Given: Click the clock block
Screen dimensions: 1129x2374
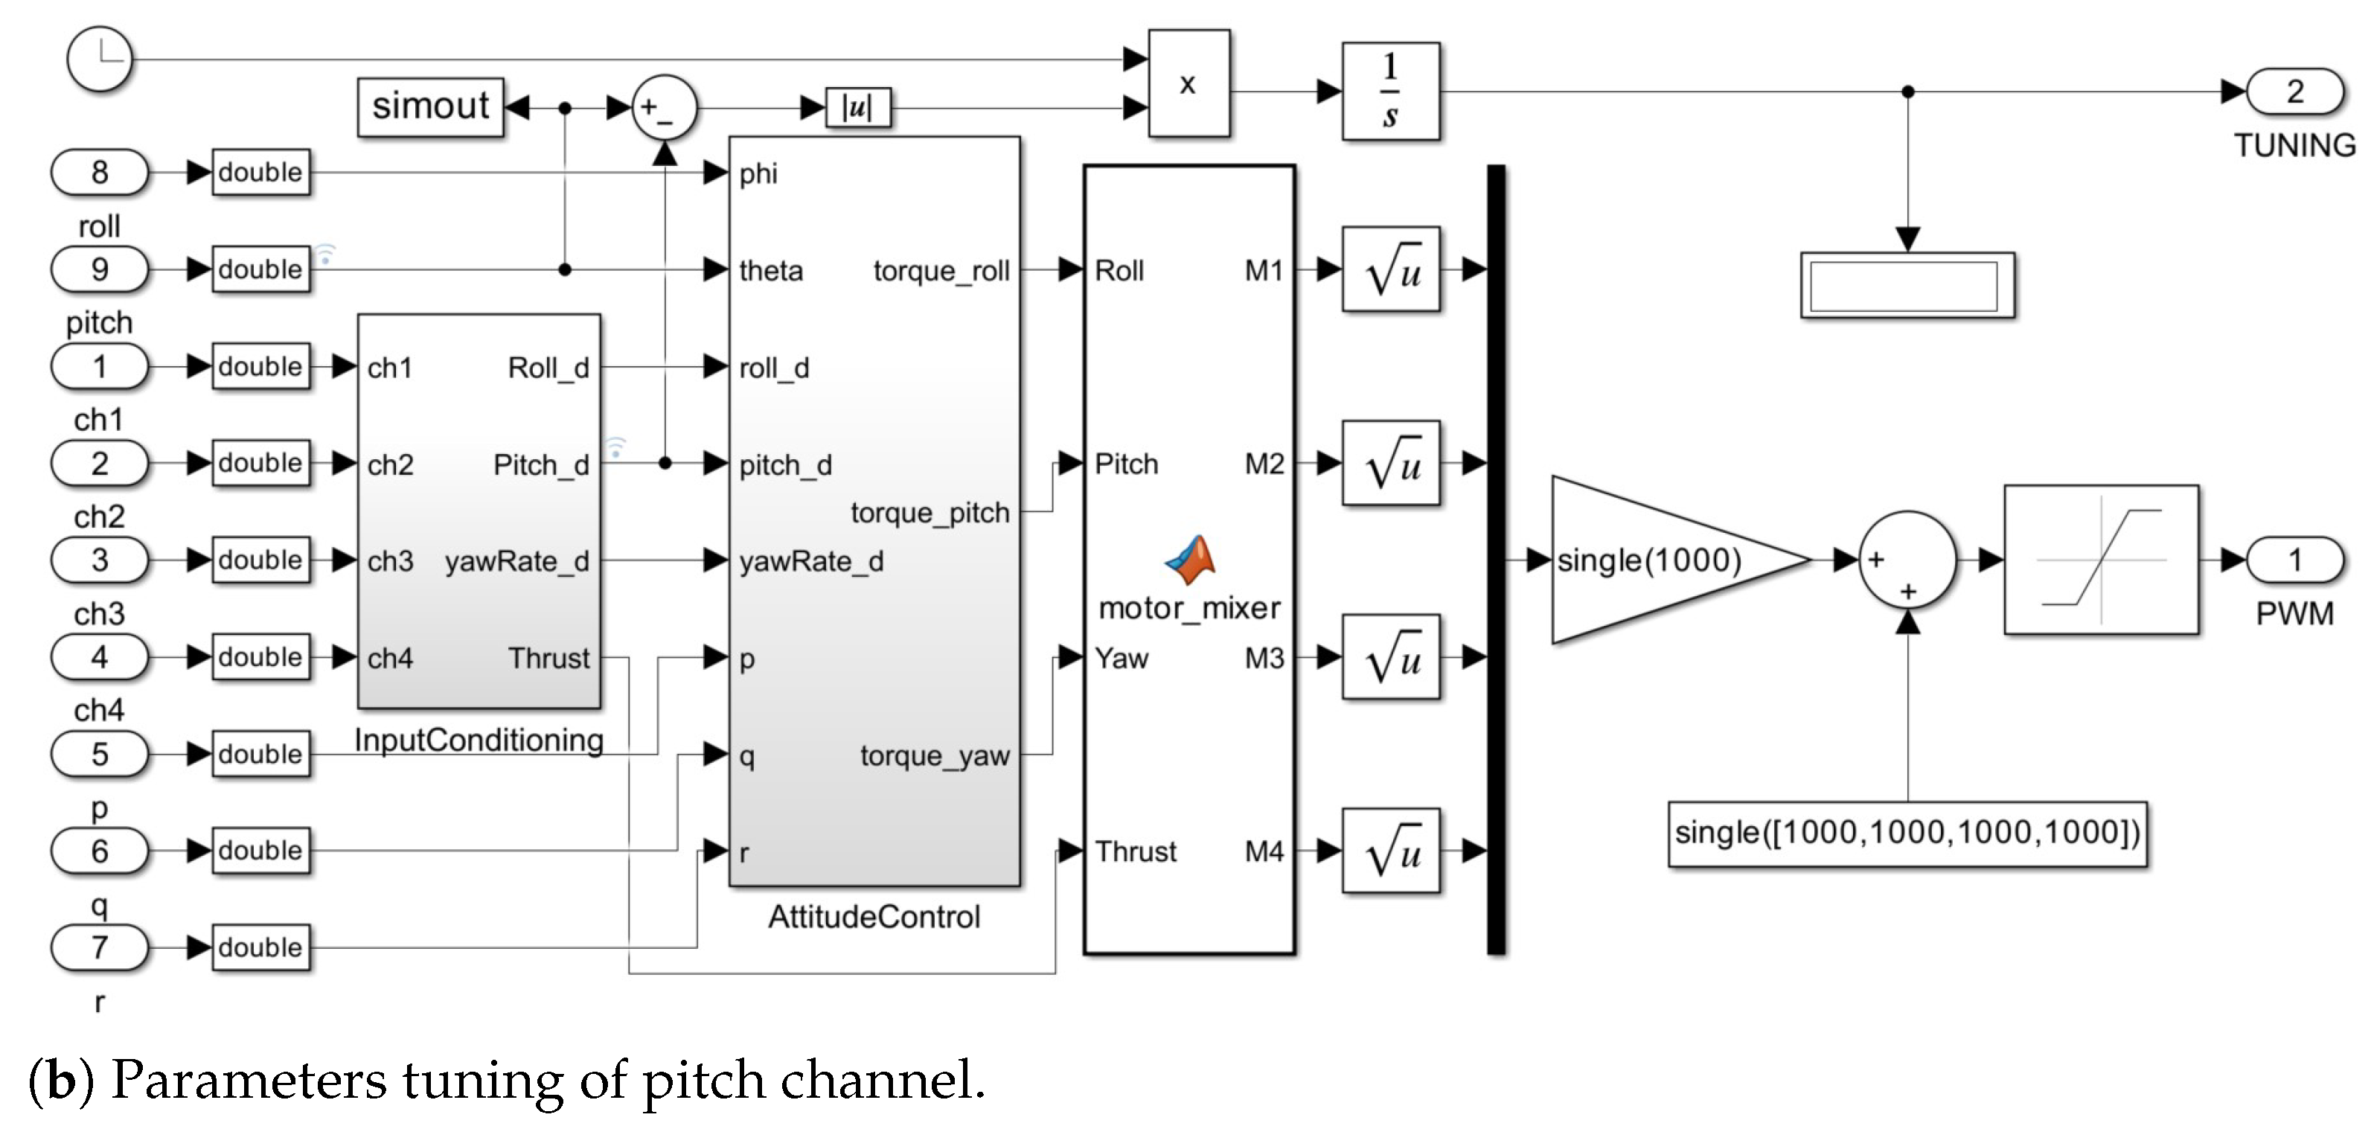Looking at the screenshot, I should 100,59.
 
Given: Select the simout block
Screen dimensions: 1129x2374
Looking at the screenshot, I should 430,107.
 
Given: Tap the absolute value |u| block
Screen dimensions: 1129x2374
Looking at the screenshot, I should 857,108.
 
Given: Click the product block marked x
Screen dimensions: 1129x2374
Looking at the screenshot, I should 1188,84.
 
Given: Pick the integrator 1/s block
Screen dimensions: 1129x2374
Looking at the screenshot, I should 1389,92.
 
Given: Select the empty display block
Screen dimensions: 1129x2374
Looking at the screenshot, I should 1906,286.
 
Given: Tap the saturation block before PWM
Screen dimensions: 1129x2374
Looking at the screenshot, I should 2100,560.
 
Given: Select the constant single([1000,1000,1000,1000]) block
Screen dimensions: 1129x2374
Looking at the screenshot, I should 1906,833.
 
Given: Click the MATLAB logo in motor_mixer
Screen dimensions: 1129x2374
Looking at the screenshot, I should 1190,560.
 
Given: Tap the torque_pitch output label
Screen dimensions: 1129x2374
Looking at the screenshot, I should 929,513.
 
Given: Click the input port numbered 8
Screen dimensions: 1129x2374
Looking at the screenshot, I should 100,173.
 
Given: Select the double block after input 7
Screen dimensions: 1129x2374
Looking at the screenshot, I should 260,947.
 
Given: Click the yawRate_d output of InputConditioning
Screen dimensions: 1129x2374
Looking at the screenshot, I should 516,561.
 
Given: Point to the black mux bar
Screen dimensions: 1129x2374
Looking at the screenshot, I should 1496,560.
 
